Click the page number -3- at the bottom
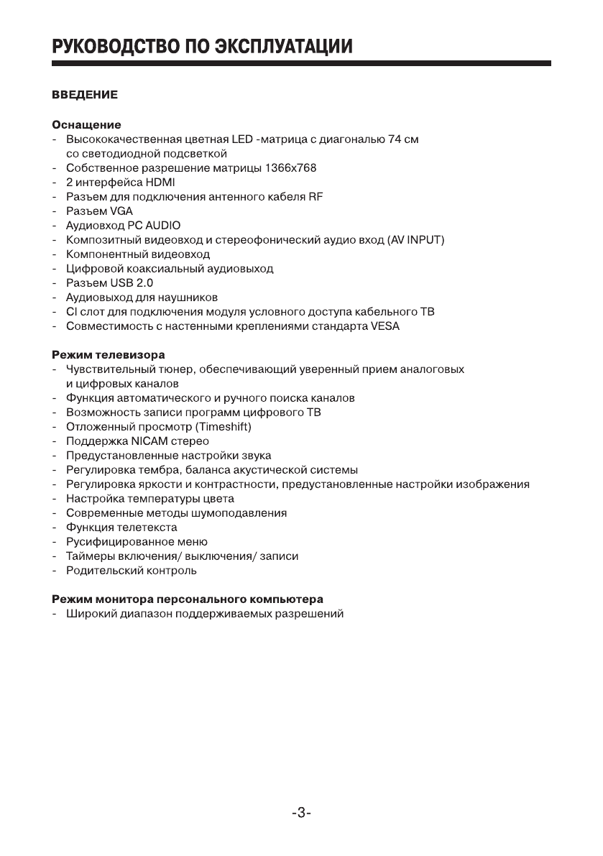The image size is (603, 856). click(301, 813)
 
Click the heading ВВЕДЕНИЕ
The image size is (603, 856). click(84, 94)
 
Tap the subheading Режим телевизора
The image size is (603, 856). click(108, 355)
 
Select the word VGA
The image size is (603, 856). click(121, 211)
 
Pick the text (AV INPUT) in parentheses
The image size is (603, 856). click(415, 240)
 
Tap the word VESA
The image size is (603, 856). click(385, 326)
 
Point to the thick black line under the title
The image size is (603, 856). click(301, 64)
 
